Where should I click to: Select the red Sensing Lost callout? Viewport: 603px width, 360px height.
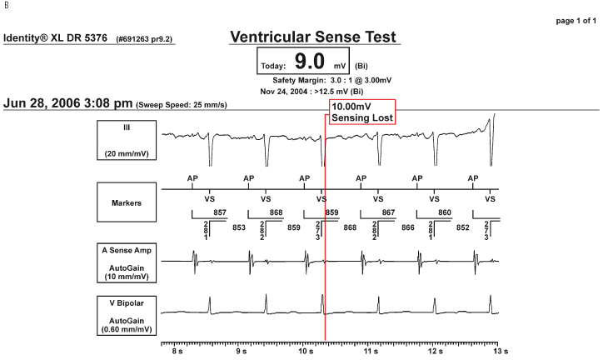click(361, 112)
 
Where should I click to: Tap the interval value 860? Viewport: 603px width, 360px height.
click(445, 213)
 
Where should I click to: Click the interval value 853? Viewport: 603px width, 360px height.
click(238, 227)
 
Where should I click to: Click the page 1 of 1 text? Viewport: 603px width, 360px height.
click(571, 21)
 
